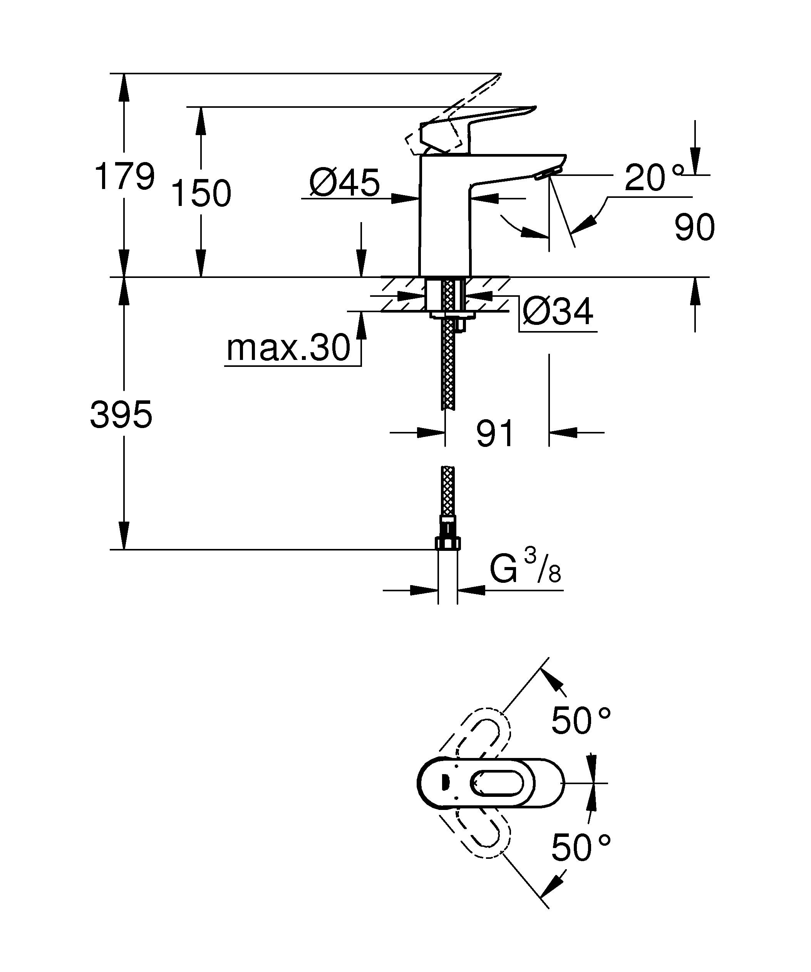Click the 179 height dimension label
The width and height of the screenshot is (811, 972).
[x=124, y=176]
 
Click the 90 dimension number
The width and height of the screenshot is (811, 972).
[x=694, y=227]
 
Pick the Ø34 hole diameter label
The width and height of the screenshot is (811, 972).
[x=557, y=311]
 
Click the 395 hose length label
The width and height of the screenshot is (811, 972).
[x=121, y=415]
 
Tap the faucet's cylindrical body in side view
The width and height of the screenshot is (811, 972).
[x=444, y=217]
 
